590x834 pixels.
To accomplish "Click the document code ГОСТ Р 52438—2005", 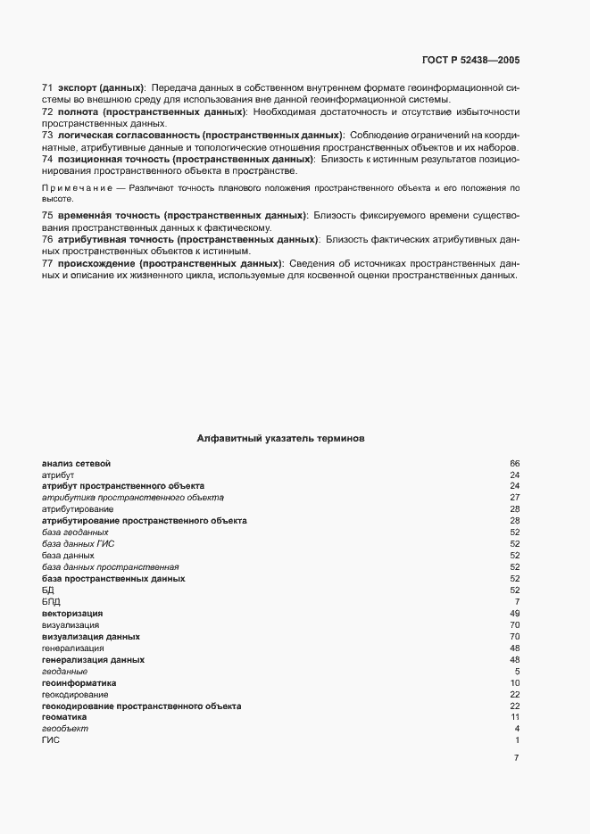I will [470, 61].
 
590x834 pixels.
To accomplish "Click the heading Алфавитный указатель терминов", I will [278, 439].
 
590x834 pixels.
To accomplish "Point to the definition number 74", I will [47, 158].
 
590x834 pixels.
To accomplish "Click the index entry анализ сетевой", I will [76, 464].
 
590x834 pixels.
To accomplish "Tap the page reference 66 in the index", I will [514, 464].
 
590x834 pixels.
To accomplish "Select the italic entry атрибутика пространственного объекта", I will [132, 497].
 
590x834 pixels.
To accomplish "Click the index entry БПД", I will [51, 602].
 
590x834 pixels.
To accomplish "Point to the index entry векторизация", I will [72, 614].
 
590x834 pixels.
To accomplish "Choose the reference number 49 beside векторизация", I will [514, 614].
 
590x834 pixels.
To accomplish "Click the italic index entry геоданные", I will [64, 672].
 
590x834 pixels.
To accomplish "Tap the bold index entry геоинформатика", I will [79, 683].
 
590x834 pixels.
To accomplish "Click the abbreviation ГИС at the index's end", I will [50, 740].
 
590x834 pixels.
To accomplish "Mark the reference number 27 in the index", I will [514, 497].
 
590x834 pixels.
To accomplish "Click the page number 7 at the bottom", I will [516, 759].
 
